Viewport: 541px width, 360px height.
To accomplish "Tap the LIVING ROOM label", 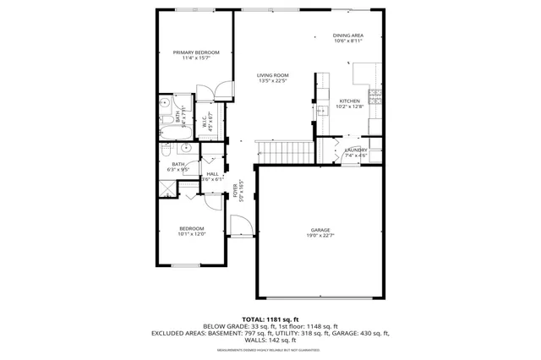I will click(x=272, y=75).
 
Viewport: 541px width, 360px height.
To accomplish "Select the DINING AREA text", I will click(x=347, y=35).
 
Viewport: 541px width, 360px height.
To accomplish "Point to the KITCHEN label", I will click(x=349, y=101).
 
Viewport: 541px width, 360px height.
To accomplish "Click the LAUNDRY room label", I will click(x=355, y=150).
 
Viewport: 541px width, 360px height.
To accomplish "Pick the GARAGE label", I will click(x=320, y=229).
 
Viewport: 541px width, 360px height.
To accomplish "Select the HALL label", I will click(x=212, y=173).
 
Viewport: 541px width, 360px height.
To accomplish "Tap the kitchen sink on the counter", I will click(x=323, y=110).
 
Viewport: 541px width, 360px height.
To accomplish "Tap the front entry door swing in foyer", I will click(x=240, y=224).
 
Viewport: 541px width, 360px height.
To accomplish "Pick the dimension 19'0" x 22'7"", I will click(x=320, y=235).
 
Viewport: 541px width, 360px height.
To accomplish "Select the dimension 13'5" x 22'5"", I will click(x=272, y=81).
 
